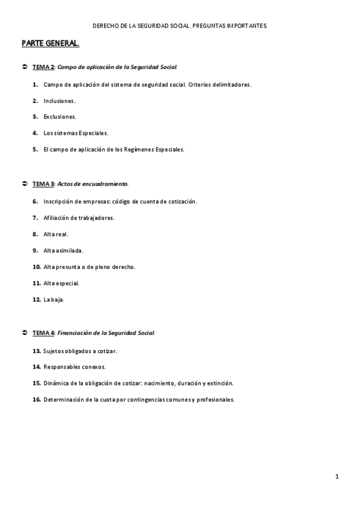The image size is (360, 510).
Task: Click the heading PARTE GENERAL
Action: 50,44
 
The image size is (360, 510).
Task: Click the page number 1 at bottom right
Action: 338,477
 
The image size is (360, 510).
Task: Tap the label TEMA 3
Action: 43,183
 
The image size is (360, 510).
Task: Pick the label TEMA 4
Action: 43,332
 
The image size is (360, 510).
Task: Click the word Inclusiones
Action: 59,100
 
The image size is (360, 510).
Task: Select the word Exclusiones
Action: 59,117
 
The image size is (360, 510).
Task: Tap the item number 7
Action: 35,217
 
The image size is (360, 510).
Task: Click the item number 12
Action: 37,299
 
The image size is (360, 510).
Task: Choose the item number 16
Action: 37,399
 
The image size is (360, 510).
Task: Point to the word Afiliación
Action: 58,217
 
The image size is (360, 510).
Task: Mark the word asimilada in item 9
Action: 71,250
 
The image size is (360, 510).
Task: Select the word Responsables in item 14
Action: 64,366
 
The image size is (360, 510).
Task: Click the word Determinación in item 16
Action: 64,399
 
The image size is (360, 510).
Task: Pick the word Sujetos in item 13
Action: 54,350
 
